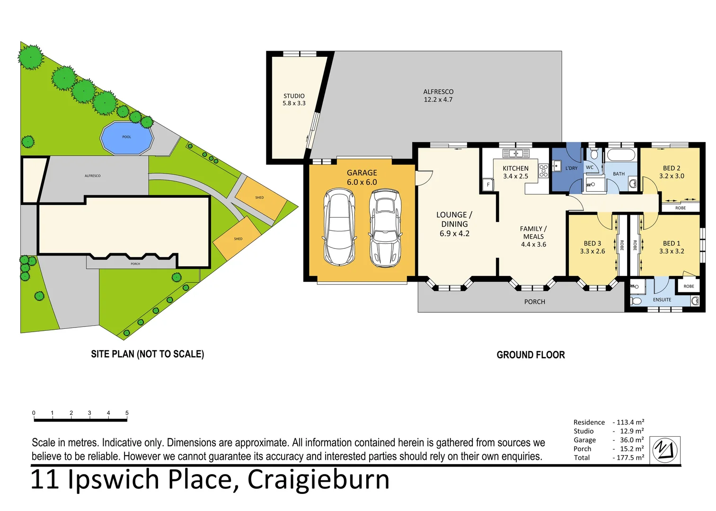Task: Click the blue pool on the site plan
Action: click(x=126, y=138)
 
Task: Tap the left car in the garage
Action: click(x=339, y=227)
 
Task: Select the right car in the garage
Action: click(x=385, y=228)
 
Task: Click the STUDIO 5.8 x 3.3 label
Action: click(x=294, y=99)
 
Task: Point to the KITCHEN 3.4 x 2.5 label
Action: click(x=515, y=172)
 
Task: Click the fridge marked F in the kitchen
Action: click(x=488, y=185)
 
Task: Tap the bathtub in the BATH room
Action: click(x=621, y=155)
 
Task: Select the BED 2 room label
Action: click(x=672, y=172)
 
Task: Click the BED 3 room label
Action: click(x=592, y=247)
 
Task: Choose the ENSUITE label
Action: click(x=662, y=300)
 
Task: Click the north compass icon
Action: click(x=664, y=450)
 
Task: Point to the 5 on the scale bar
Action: click(x=127, y=413)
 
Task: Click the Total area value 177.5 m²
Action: click(x=630, y=458)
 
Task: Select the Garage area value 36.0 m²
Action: click(x=631, y=440)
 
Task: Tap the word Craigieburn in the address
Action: click(x=318, y=480)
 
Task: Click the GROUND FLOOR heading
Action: click(x=530, y=355)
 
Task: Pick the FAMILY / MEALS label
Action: click(x=533, y=236)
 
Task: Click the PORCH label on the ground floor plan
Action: click(x=534, y=302)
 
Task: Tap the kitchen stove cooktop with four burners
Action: click(x=543, y=171)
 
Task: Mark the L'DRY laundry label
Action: click(x=571, y=168)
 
